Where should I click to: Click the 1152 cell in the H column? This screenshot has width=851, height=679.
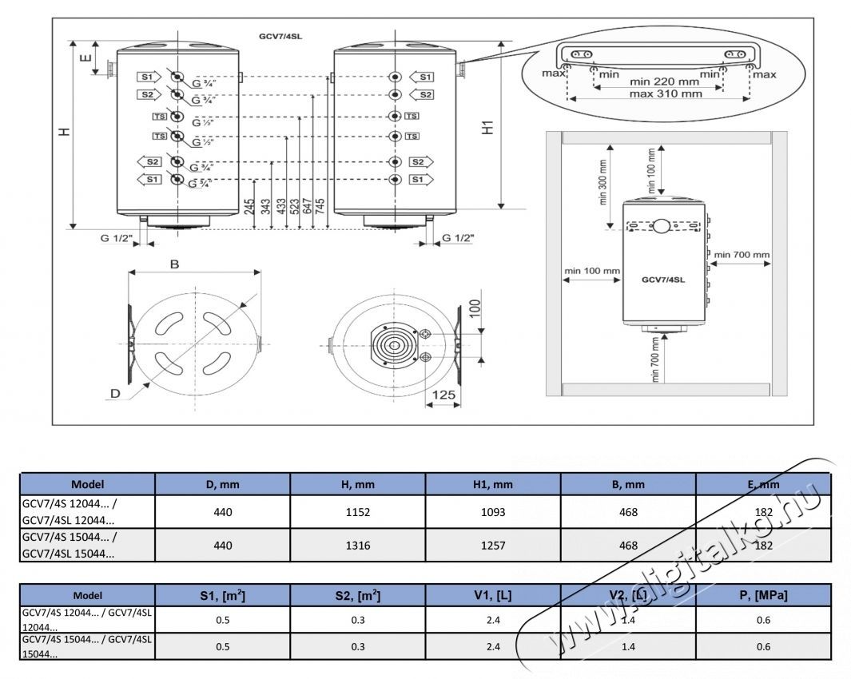pos(357,512)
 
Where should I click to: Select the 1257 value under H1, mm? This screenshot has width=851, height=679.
pos(493,546)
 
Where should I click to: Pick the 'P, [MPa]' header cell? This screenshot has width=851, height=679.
pos(764,596)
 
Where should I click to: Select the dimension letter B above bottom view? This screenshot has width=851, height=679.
pos(174,265)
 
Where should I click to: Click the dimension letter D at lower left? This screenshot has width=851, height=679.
pos(115,394)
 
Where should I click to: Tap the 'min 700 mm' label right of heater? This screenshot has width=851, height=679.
pos(742,255)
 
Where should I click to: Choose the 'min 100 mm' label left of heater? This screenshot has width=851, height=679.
pos(592,271)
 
